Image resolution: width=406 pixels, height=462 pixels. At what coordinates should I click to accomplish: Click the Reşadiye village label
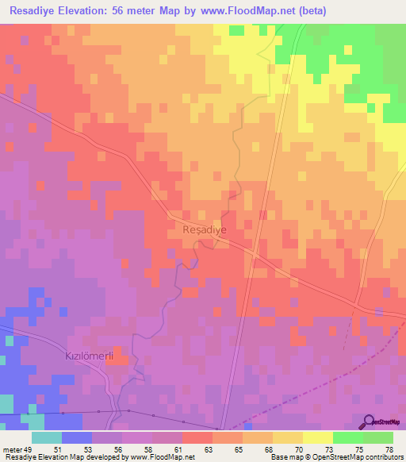[205, 229]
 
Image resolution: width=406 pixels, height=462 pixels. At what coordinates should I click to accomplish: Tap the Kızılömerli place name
[89, 357]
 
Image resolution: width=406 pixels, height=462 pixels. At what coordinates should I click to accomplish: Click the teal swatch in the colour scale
[47, 437]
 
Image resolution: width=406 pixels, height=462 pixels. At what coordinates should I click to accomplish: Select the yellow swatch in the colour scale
[317, 437]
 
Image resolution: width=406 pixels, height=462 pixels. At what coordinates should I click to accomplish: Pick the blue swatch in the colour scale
[77, 437]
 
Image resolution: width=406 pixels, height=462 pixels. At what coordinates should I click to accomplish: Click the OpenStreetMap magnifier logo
[369, 421]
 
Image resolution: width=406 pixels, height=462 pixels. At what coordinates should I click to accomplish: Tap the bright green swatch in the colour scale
[347, 437]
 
